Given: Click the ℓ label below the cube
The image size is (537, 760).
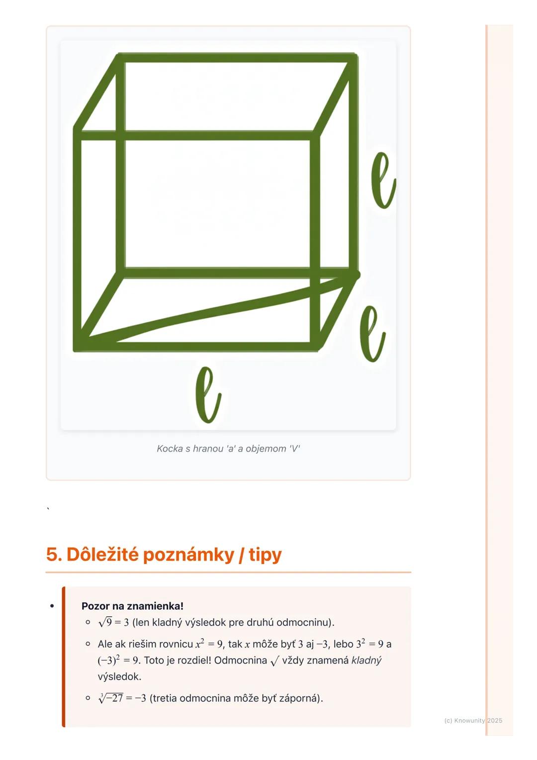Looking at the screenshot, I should pyautogui.click(x=207, y=394).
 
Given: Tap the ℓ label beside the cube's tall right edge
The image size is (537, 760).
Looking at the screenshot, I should pyautogui.click(x=383, y=180).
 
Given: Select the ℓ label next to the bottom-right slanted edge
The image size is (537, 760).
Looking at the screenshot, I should pyautogui.click(x=372, y=333).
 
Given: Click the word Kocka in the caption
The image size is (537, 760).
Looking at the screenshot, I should pyautogui.click(x=170, y=449).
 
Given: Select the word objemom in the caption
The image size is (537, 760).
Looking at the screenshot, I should pyautogui.click(x=266, y=449).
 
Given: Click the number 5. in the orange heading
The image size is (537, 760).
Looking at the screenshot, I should pyautogui.click(x=54, y=554).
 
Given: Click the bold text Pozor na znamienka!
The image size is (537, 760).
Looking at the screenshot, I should pyautogui.click(x=132, y=606).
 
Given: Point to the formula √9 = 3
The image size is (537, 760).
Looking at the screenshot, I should pyautogui.click(x=113, y=623).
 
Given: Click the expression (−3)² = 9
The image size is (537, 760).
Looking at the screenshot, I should pyautogui.click(x=118, y=661).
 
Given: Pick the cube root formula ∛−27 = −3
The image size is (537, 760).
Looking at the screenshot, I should pyautogui.click(x=122, y=698).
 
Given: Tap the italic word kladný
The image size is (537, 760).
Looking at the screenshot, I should pyautogui.click(x=366, y=661).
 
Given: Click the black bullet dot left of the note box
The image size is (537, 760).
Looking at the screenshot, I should pyautogui.click(x=52, y=606).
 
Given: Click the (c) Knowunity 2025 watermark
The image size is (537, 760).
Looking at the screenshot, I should pyautogui.click(x=473, y=720).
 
